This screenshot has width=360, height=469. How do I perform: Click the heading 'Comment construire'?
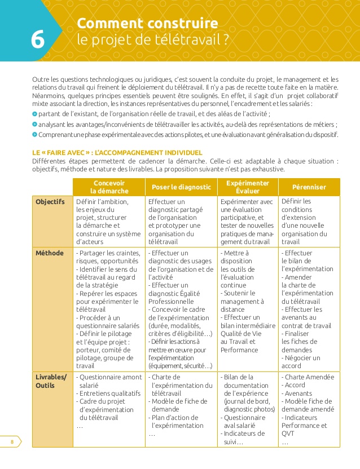pyautogui.click(x=147, y=24)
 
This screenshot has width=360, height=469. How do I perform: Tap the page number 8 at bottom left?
pyautogui.click(x=12, y=441)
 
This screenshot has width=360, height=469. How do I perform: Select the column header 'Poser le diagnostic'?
pyautogui.click(x=181, y=187)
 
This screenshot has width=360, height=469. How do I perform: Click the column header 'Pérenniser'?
pyautogui.click(x=309, y=187)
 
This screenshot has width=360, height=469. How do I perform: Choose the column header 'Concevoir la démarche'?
pyautogui.click(x=109, y=187)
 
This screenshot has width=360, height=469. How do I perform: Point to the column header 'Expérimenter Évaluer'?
pyautogui.click(x=247, y=187)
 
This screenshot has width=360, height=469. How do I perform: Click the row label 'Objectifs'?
pyautogui.click(x=50, y=202)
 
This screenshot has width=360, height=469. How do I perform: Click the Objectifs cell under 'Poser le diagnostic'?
pyautogui.click(x=181, y=221)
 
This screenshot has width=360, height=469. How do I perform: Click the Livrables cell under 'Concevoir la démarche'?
pyautogui.click(x=109, y=401)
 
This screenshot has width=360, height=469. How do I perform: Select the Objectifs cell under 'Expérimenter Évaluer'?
pyautogui.click(x=247, y=221)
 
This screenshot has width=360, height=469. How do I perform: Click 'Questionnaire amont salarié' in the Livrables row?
pyautogui.click(x=109, y=381)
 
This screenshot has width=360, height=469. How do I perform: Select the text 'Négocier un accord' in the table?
pyautogui.click(x=301, y=361)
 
